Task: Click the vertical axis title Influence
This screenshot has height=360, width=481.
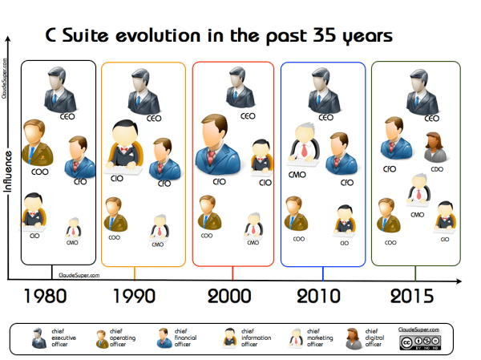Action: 9,172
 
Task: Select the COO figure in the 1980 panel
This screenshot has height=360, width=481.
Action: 36,141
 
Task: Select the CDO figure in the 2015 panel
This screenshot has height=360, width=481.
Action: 434,148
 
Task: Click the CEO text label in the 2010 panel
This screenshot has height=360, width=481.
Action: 325,117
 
